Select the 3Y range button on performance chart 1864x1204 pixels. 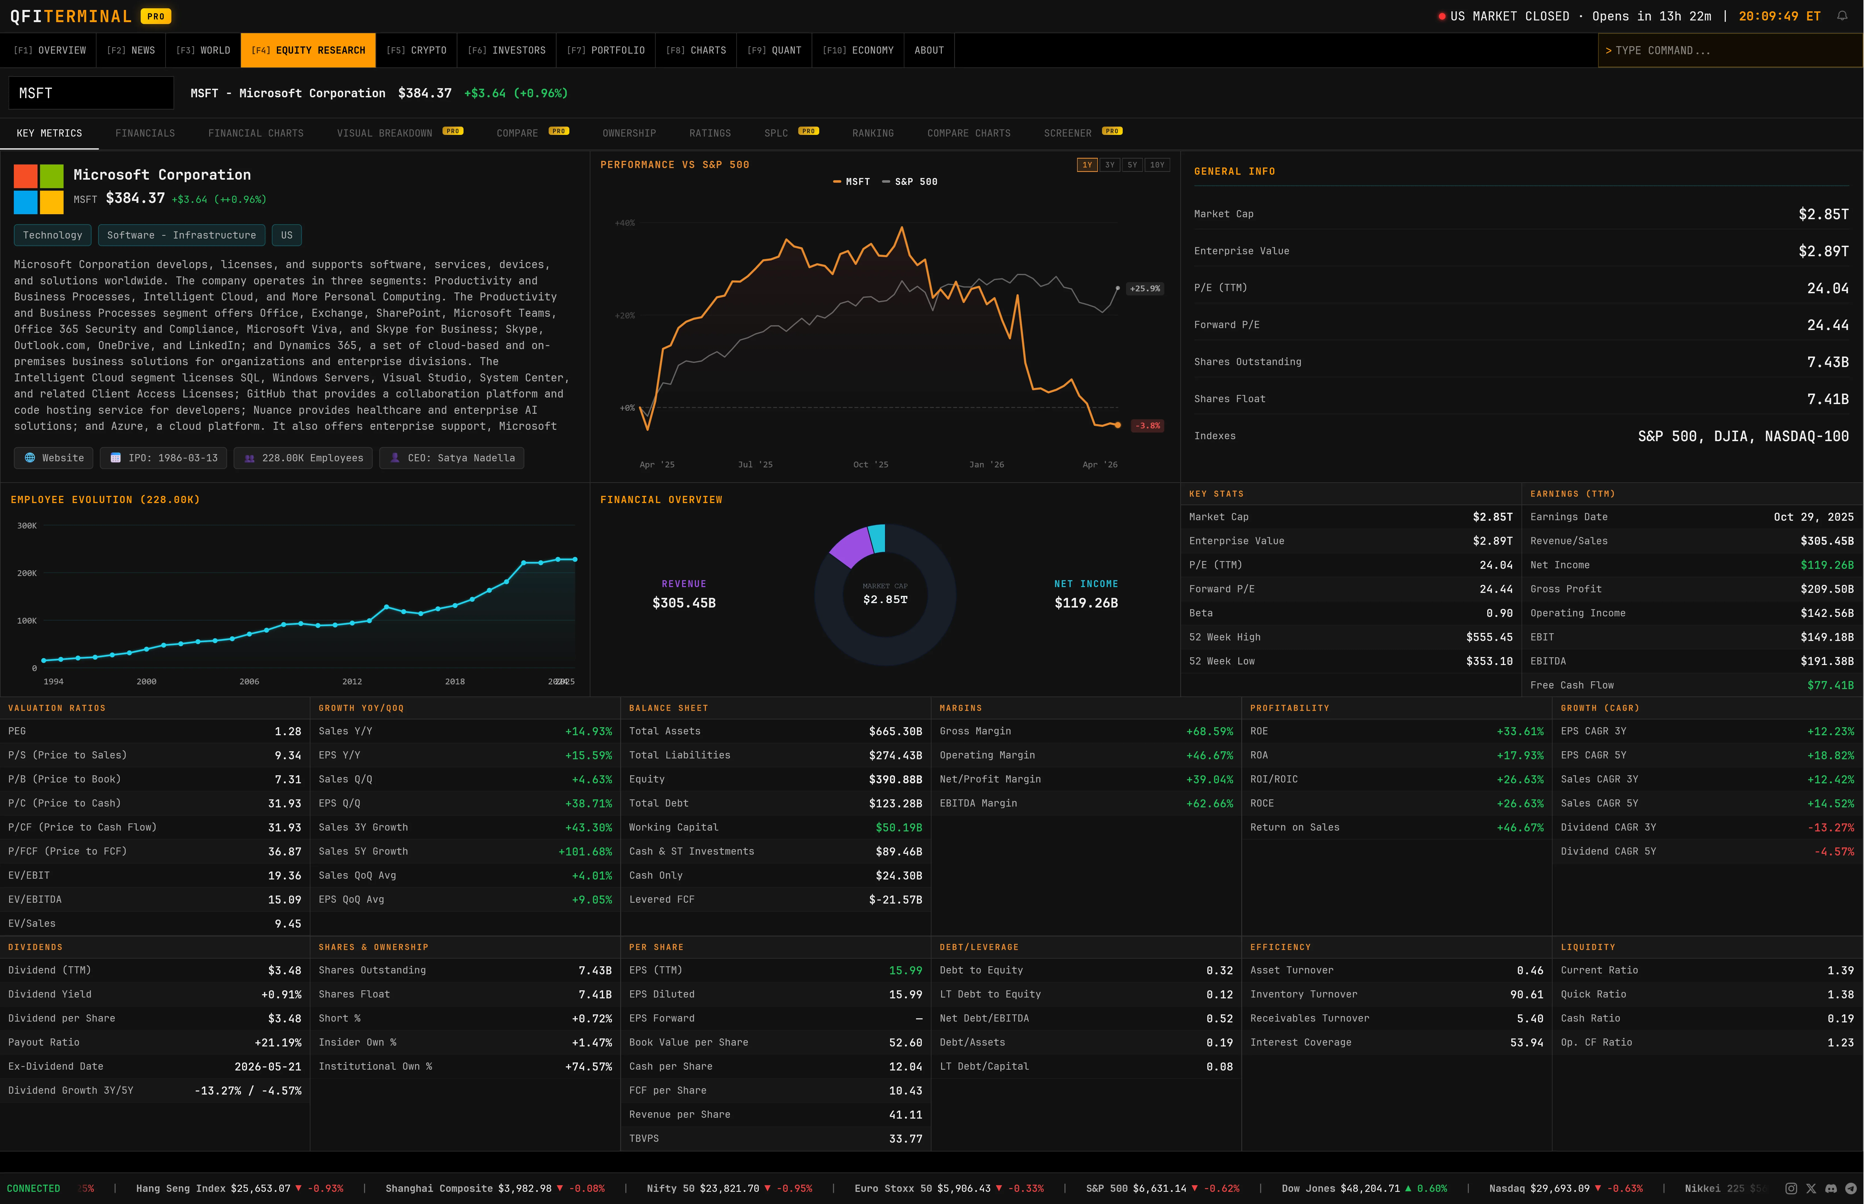[x=1109, y=165]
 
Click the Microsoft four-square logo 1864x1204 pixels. [x=38, y=189]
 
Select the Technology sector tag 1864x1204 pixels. [x=52, y=235]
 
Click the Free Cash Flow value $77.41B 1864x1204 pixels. [x=1830, y=685]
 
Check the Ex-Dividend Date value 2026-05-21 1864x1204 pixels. [x=267, y=1066]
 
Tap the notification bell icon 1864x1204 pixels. [x=1842, y=16]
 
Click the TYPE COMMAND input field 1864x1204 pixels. [x=1729, y=50]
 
